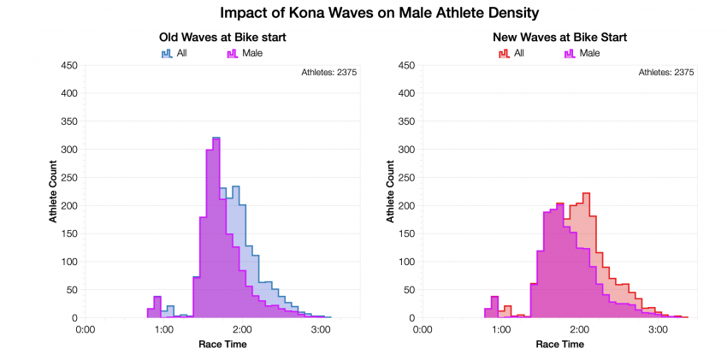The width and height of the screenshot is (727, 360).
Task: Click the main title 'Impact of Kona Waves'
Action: [x=363, y=13]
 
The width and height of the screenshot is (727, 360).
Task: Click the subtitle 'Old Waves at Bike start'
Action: [x=222, y=38]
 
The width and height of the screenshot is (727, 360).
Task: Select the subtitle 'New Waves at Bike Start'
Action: [x=559, y=38]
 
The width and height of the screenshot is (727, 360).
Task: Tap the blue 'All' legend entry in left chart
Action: [x=175, y=53]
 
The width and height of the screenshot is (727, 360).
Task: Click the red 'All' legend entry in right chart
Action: [x=512, y=53]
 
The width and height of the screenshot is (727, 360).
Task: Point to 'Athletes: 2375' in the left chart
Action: [x=329, y=73]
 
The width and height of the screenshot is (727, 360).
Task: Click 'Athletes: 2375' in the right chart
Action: [x=666, y=73]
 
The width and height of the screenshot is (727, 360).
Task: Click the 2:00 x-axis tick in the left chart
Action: [x=242, y=328]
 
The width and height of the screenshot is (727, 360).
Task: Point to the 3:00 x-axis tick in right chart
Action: [x=658, y=328]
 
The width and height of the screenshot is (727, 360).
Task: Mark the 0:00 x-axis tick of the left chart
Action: [x=85, y=328]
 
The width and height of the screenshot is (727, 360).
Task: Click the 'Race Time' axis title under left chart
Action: [x=222, y=344]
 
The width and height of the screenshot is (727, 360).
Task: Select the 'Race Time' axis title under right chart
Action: [x=559, y=344]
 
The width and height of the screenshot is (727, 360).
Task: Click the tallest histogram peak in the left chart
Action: [x=216, y=139]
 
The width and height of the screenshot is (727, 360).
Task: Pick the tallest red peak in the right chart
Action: [x=586, y=195]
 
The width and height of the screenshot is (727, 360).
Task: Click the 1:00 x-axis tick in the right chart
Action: [x=500, y=328]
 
